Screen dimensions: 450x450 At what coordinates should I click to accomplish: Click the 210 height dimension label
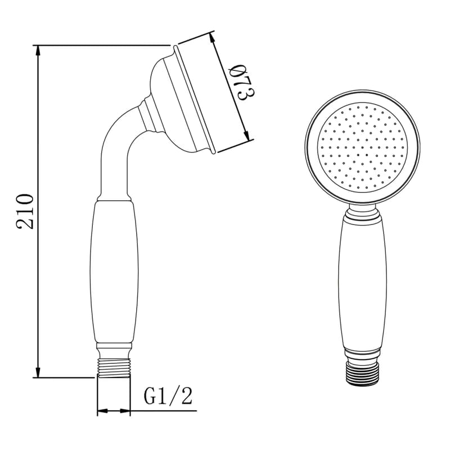25,211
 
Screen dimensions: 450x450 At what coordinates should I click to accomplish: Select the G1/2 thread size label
168,396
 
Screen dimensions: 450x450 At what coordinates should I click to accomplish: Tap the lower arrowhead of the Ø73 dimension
246,134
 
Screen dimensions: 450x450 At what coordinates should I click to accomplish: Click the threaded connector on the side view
114,368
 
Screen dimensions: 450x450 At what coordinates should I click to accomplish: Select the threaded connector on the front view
363,373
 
